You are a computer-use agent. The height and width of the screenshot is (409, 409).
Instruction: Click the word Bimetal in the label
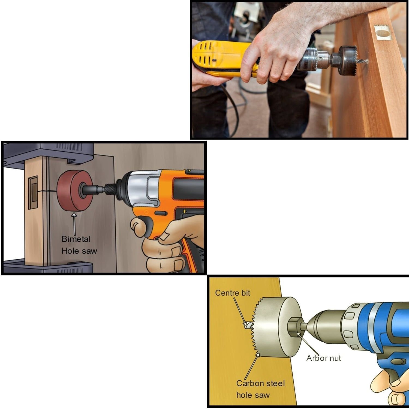click(76, 239)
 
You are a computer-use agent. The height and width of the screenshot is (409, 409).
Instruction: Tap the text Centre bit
click(232, 293)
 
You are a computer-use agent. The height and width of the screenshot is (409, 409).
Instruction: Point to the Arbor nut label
click(323, 358)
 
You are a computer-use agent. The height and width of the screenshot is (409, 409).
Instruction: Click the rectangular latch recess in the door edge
click(33, 192)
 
